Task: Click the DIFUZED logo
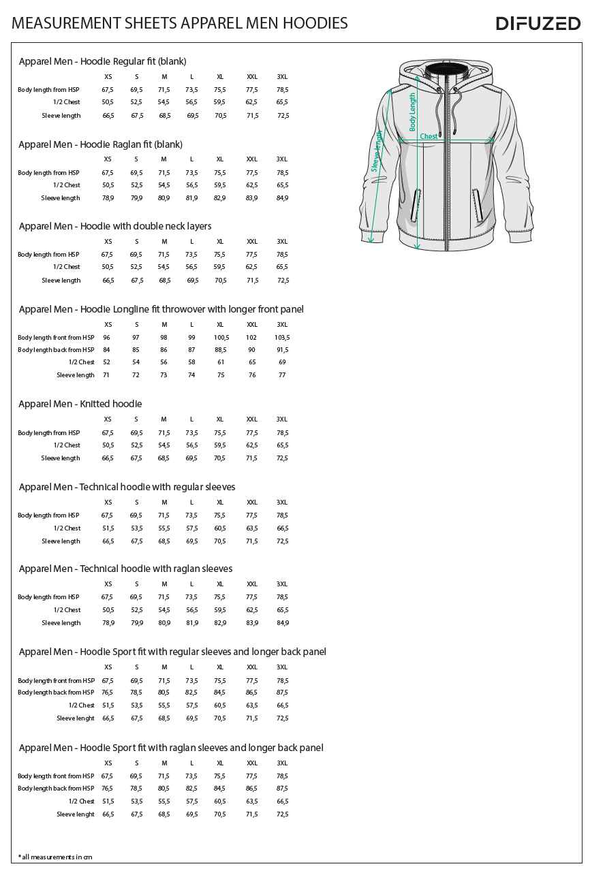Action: (538, 23)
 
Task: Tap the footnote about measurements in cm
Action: (55, 857)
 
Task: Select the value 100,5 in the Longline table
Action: (221, 338)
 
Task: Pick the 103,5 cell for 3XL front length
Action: (282, 338)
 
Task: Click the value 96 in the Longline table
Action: (107, 338)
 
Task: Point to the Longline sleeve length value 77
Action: (282, 375)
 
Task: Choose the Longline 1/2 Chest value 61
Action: (221, 362)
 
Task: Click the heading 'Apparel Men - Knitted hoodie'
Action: (80, 404)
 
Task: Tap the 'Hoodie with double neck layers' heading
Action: (115, 226)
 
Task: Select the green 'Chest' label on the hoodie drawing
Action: (429, 136)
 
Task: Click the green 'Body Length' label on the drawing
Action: (413, 112)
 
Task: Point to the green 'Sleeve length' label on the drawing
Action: (376, 153)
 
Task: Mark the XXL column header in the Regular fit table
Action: (252, 76)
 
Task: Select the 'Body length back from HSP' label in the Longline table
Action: (56, 350)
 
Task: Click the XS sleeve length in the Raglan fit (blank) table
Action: (108, 198)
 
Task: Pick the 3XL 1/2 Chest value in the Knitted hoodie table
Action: (282, 445)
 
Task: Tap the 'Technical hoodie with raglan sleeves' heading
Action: (126, 569)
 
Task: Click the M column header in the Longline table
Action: (164, 325)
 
